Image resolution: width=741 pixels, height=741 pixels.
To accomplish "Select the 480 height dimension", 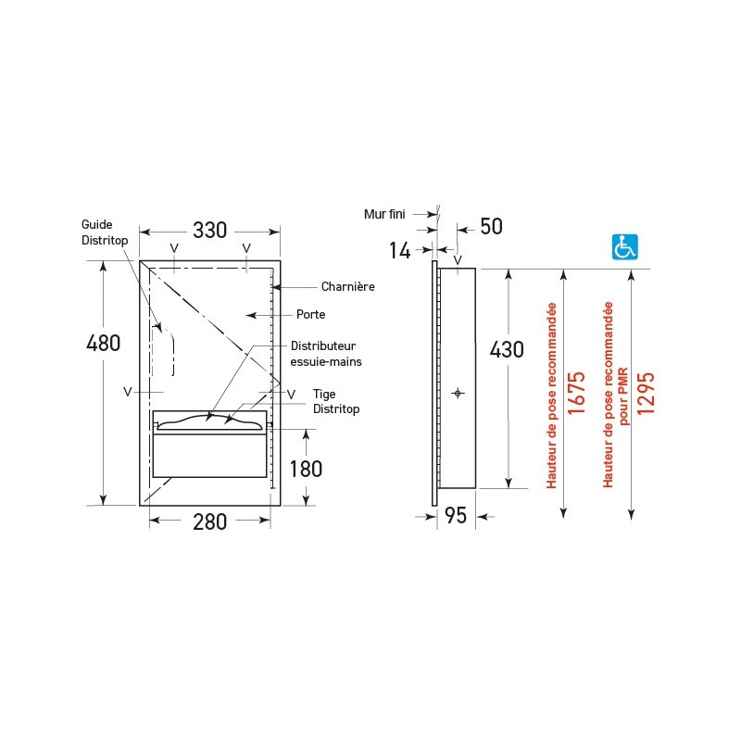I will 103,343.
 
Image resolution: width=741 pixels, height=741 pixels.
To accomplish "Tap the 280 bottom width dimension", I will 209,521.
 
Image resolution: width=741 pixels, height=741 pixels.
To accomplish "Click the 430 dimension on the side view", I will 507,350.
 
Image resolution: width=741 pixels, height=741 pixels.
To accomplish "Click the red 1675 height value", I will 576,392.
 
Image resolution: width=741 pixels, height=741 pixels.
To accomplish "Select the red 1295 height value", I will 646,392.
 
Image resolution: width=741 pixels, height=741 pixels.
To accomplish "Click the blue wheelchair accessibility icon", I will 625,246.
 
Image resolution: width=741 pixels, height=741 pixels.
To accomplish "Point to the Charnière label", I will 347,286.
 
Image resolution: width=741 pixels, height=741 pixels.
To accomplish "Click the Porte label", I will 310,315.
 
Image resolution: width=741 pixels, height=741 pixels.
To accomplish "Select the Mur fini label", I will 384,214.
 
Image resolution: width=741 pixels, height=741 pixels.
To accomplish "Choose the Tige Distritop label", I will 334,401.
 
